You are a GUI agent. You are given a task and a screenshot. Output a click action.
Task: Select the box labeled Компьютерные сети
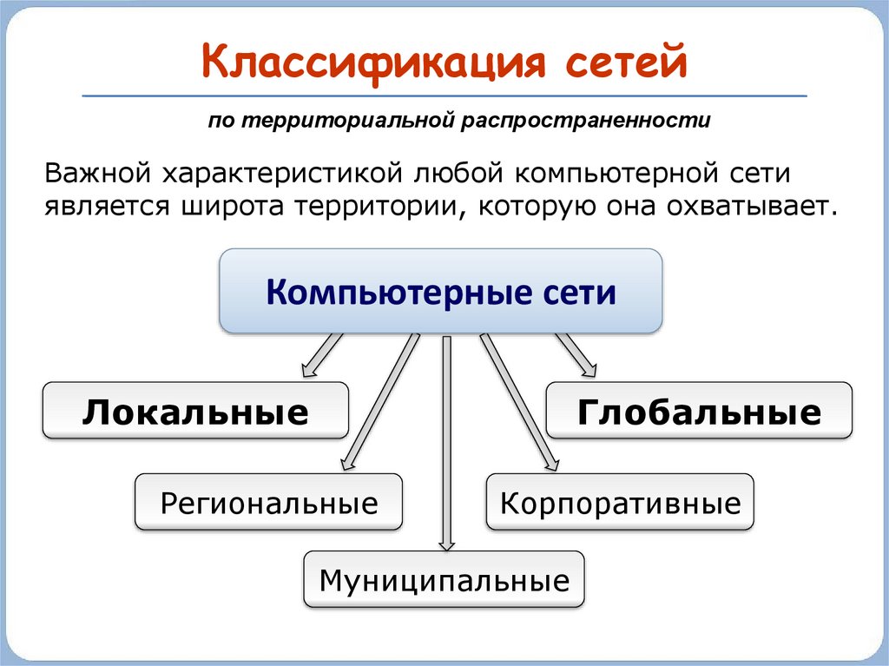[441, 292]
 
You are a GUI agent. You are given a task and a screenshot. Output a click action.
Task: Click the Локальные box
[195, 411]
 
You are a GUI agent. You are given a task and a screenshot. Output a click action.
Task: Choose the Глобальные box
[699, 411]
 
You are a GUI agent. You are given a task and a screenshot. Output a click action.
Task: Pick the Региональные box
[268, 503]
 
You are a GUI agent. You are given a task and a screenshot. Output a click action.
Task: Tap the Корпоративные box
[620, 503]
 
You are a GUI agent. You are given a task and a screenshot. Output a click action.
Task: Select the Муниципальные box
[444, 579]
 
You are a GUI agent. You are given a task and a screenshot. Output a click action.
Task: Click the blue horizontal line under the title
[444, 95]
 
